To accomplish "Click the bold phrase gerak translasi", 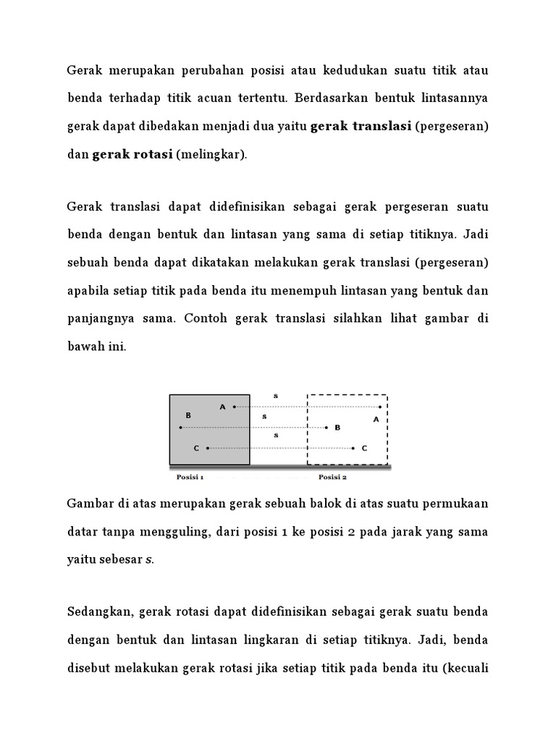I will pyautogui.click(x=361, y=127).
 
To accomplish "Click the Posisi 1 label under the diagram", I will pyautogui.click(x=190, y=477).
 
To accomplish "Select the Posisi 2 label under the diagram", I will pyautogui.click(x=332, y=477).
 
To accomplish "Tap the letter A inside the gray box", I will pyautogui.click(x=222, y=407).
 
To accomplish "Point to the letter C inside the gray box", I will pyautogui.click(x=196, y=449).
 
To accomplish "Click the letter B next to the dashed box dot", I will pyautogui.click(x=337, y=428).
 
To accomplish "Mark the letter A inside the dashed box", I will pyautogui.click(x=376, y=418).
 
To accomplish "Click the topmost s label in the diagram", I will pyautogui.click(x=275, y=396).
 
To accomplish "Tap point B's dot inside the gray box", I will pyautogui.click(x=181, y=428).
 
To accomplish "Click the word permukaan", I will pyautogui.click(x=455, y=503).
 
